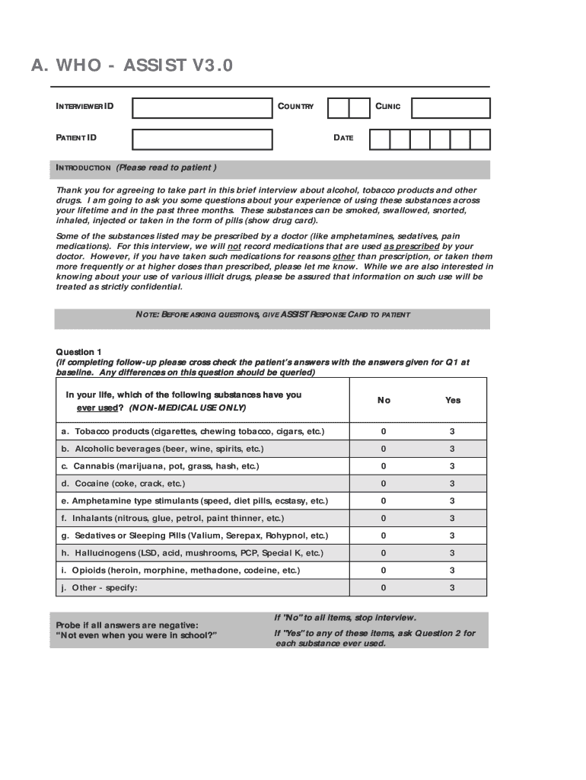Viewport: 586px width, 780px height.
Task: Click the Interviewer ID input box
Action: click(x=202, y=108)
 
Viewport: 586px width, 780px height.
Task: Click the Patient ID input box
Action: click(x=202, y=139)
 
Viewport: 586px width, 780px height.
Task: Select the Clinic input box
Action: click(x=451, y=108)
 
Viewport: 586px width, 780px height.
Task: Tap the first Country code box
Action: click(x=338, y=108)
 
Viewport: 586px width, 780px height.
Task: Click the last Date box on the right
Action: click(x=480, y=139)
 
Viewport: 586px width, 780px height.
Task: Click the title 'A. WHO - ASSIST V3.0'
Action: click(x=132, y=66)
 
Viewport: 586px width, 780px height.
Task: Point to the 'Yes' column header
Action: click(x=453, y=400)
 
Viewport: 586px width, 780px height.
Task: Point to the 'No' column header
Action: click(x=384, y=400)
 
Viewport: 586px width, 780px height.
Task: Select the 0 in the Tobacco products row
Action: click(x=384, y=432)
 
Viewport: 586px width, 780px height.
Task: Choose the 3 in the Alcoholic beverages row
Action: click(x=452, y=449)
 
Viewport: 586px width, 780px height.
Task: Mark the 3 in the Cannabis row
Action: click(x=452, y=466)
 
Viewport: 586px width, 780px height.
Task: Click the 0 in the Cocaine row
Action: click(x=384, y=484)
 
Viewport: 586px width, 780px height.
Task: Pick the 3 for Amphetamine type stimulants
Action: click(x=452, y=501)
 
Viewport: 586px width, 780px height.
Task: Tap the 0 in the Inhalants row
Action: click(x=384, y=519)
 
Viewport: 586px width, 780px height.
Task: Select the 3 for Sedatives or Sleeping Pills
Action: click(x=452, y=535)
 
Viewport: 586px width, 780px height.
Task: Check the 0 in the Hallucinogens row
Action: click(x=384, y=553)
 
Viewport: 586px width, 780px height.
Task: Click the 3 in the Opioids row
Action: click(x=452, y=571)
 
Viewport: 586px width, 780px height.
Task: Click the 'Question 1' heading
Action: click(x=79, y=352)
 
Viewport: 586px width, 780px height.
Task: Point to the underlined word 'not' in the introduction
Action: click(x=234, y=247)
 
